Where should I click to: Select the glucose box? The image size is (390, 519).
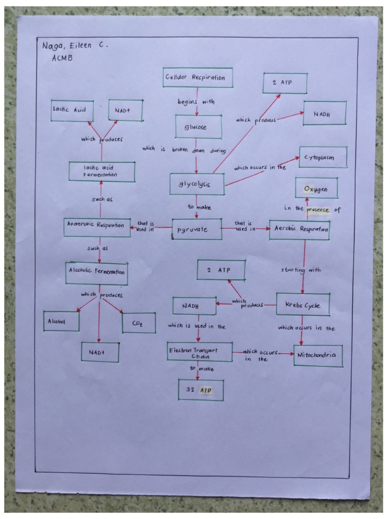(198, 127)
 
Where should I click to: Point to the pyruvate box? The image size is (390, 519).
(197, 230)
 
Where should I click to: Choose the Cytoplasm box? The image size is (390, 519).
(323, 158)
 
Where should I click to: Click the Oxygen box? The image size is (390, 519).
(316, 189)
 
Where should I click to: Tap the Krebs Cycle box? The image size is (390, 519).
(302, 305)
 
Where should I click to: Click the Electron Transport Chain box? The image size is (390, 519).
(200, 352)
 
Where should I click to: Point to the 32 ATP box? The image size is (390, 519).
(201, 391)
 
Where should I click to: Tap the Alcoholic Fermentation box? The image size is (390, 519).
(96, 273)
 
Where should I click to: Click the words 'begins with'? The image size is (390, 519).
(196, 102)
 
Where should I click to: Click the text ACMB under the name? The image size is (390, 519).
(62, 58)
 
